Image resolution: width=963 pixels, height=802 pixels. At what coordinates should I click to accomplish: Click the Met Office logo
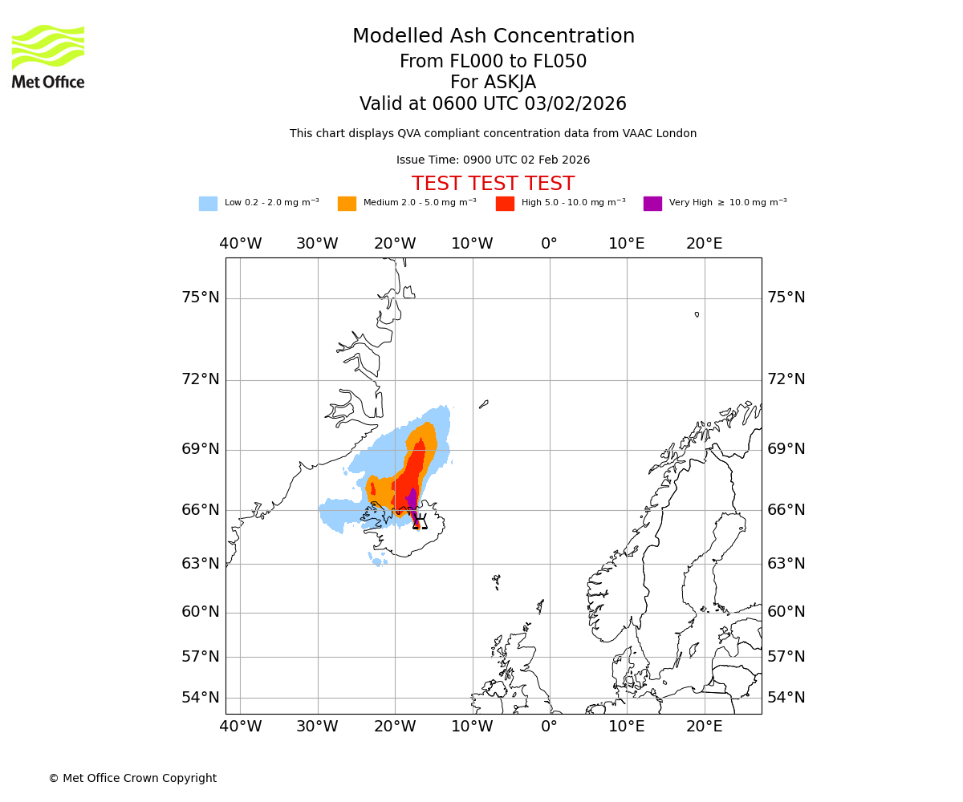tap(48, 56)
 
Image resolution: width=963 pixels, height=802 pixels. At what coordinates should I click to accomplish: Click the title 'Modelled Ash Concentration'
tap(493, 37)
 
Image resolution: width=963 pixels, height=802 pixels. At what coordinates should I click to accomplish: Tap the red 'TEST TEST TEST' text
tap(493, 184)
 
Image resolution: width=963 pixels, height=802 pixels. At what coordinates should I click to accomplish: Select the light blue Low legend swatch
tap(208, 204)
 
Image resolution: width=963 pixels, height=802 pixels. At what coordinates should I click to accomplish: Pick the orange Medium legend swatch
tap(347, 204)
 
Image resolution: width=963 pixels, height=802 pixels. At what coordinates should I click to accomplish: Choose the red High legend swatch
tap(505, 204)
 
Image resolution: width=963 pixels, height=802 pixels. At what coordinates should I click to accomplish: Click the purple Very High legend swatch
tap(652, 204)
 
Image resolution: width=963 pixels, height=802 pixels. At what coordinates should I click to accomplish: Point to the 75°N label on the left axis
tap(200, 298)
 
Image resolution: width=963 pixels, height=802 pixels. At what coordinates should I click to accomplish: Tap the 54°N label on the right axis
tap(786, 697)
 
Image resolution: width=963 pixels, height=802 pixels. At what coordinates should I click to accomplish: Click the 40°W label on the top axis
tap(240, 243)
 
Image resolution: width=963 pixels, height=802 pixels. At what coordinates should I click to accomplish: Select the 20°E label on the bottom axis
tap(704, 727)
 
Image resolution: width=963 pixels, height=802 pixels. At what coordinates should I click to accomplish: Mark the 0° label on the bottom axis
tap(549, 727)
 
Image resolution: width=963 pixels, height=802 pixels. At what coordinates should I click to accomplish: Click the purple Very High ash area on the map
tap(412, 501)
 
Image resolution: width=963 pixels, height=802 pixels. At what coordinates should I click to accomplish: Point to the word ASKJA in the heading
tap(493, 83)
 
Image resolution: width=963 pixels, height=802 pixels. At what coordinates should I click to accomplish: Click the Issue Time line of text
tap(493, 160)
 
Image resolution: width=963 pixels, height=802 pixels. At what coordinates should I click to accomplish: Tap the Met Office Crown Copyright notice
tap(132, 778)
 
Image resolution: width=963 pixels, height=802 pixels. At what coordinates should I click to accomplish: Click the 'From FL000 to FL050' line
tap(493, 62)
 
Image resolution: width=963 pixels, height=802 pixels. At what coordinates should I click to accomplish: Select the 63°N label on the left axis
tap(200, 563)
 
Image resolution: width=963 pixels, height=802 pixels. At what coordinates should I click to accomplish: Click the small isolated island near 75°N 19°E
tap(697, 314)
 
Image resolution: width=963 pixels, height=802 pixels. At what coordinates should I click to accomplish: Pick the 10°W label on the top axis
tap(472, 243)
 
